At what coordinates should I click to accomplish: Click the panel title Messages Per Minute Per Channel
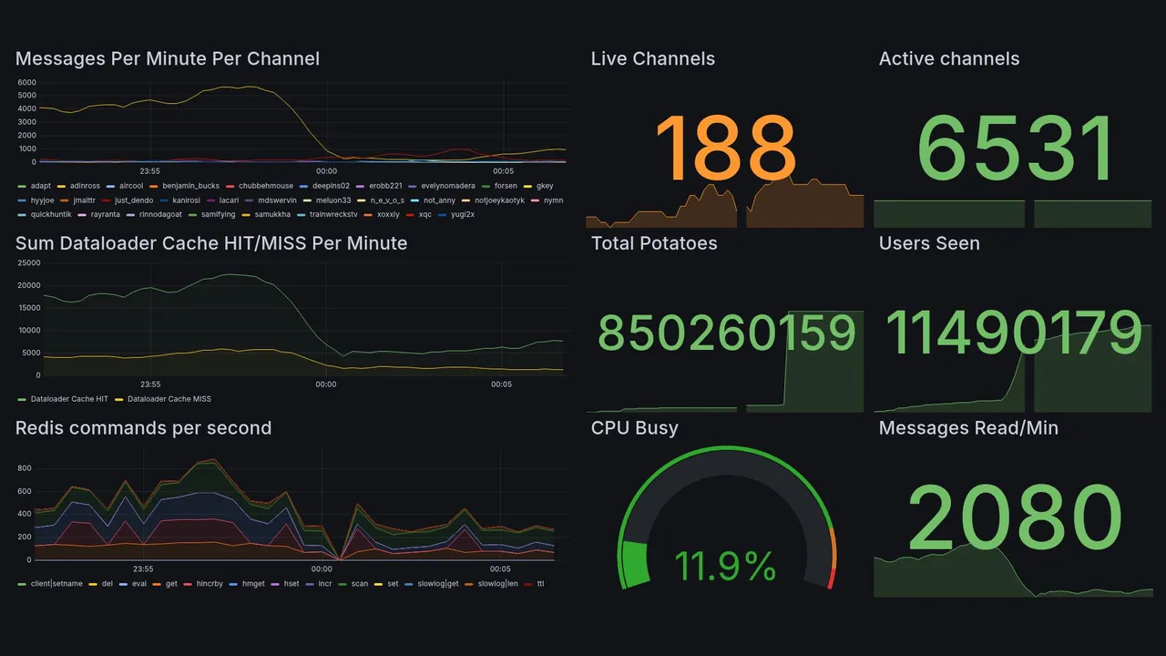click(x=168, y=59)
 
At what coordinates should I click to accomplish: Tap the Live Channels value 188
click(x=725, y=149)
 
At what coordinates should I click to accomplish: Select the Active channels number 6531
click(x=1016, y=149)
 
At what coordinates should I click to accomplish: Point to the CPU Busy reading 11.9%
click(x=725, y=566)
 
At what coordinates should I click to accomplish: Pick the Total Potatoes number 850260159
click(x=726, y=333)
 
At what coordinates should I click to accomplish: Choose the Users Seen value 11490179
click(x=1013, y=333)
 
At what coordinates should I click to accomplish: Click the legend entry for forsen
click(x=506, y=186)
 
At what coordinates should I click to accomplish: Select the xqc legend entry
click(x=424, y=215)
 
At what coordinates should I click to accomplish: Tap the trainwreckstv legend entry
click(x=332, y=215)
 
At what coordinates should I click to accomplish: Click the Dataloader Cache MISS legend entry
click(x=169, y=399)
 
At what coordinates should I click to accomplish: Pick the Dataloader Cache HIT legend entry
click(x=69, y=399)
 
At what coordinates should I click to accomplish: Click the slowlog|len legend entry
click(x=496, y=583)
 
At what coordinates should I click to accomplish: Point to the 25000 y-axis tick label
click(x=29, y=263)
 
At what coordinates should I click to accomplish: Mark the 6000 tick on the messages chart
click(x=26, y=83)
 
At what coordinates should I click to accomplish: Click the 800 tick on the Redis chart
click(x=25, y=468)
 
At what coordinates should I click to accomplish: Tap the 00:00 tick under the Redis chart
click(x=326, y=569)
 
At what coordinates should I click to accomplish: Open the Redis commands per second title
click(x=144, y=428)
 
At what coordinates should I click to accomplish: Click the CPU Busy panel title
click(x=634, y=428)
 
